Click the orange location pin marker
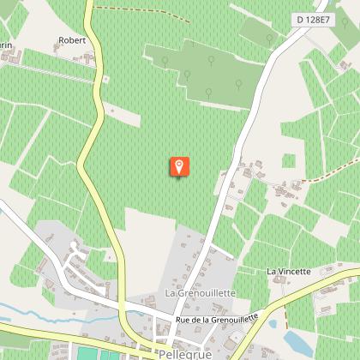pos(178,166)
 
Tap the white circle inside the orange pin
pos(178,165)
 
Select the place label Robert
pos(73,40)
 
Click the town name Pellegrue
pos(185,352)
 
